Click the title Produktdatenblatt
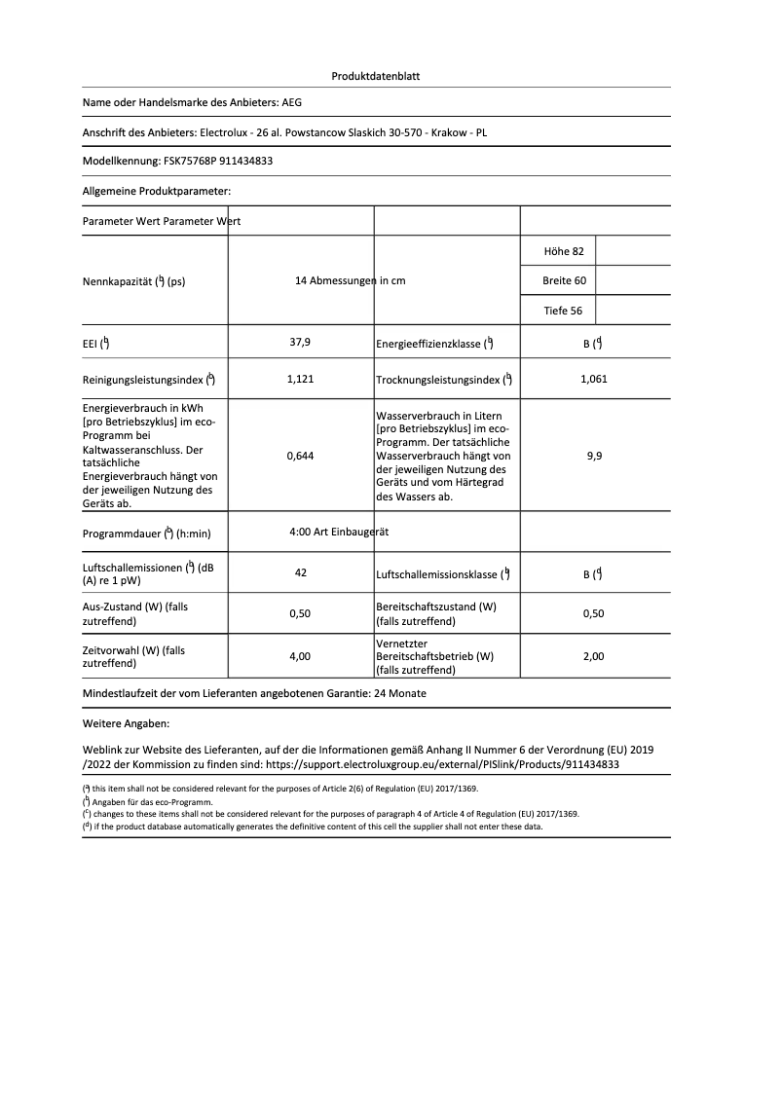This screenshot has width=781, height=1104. [x=376, y=76]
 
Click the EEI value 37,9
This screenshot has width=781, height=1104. [x=300, y=343]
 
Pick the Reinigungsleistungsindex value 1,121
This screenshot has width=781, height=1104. [x=300, y=380]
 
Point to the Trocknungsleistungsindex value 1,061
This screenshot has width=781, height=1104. [x=593, y=380]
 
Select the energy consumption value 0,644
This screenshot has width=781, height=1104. [x=300, y=455]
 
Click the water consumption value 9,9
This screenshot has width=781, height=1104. [x=594, y=455]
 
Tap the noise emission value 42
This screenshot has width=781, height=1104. [x=300, y=572]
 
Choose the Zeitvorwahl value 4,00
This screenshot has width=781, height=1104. [x=300, y=657]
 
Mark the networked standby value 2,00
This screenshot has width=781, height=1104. [x=593, y=657]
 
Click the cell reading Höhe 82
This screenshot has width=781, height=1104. [x=564, y=251]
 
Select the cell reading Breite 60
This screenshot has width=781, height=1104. [x=564, y=281]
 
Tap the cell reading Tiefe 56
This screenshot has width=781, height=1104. [x=563, y=311]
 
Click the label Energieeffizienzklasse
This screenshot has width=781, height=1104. [x=428, y=344]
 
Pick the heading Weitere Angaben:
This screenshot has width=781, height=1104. [x=127, y=725]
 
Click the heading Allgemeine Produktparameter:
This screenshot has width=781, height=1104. [x=157, y=191]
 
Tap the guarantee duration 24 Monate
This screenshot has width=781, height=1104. [x=400, y=693]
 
